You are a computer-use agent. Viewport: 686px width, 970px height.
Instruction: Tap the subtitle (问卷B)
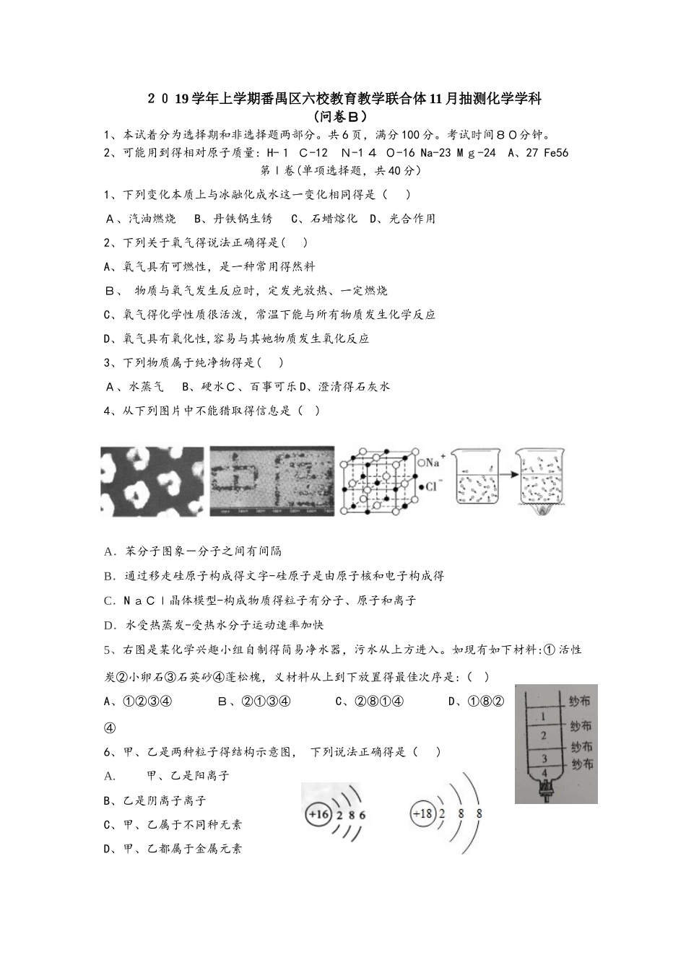point(343,115)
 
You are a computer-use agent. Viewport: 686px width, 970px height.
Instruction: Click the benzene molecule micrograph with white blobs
point(152,481)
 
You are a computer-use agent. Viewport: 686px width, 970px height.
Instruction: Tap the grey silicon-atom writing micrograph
point(272,481)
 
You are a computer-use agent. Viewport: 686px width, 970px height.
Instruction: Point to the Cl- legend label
point(430,486)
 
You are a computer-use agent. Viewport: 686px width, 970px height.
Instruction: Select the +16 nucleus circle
point(318,814)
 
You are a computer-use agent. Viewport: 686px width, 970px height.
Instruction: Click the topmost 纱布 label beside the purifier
point(580,701)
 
